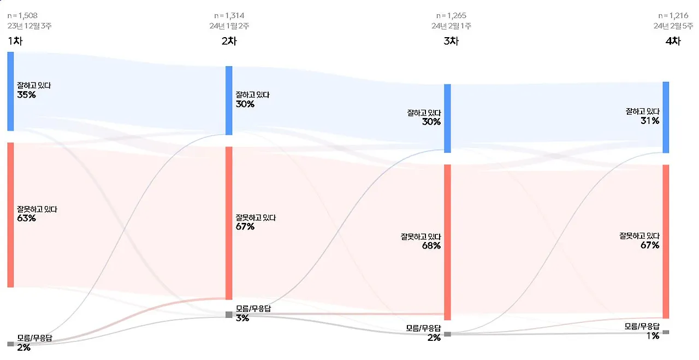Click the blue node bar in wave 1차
click(10, 91)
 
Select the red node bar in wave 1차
click(10, 215)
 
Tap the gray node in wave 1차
click(10, 344)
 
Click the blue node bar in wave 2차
click(229, 101)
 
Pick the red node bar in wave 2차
click(229, 223)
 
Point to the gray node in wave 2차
click(229, 315)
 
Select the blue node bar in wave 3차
click(447, 118)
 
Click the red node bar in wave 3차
click(447, 242)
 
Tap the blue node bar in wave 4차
click(666, 117)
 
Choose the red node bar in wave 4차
click(666, 241)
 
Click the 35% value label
click(26, 95)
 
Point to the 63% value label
click(26, 219)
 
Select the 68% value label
click(430, 246)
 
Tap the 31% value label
click(649, 121)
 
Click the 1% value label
click(653, 336)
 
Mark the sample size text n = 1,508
click(22, 16)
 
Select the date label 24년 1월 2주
click(229, 26)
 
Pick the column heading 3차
click(451, 41)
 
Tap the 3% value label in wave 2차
click(242, 318)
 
